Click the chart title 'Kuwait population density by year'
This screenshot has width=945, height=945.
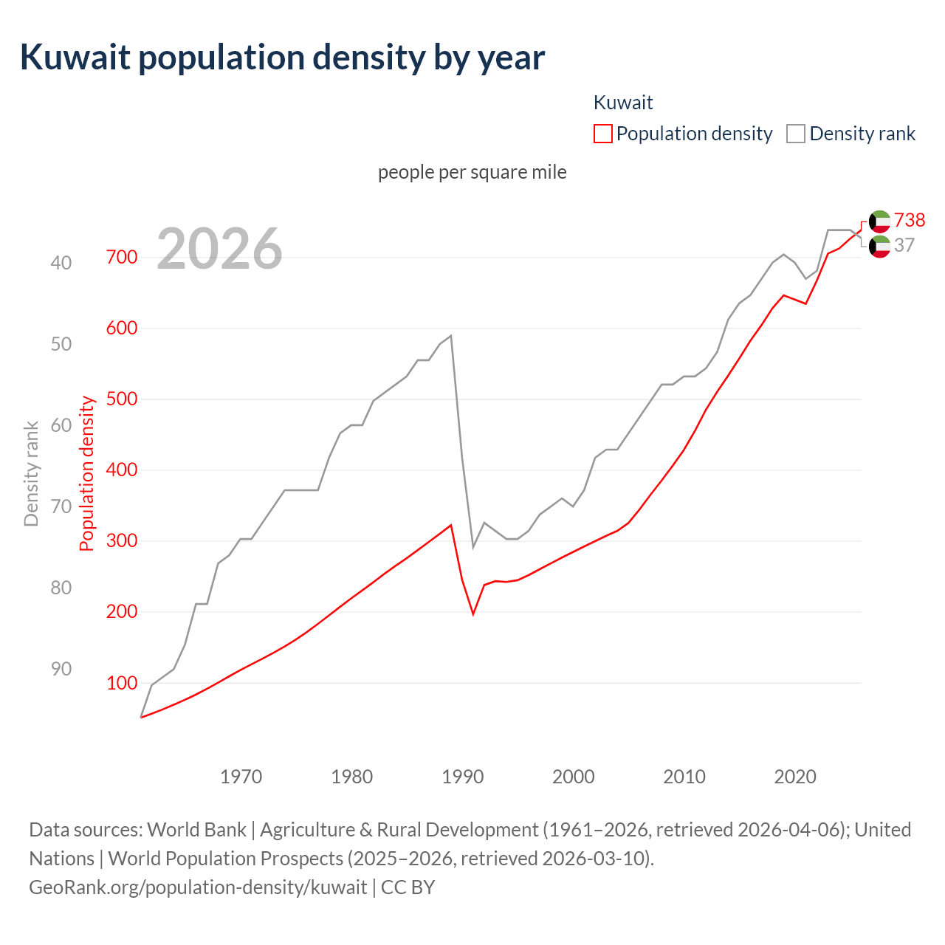282,58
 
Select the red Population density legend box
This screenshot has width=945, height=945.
603,134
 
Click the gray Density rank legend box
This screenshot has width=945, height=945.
795,134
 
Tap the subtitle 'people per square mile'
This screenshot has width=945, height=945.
472,172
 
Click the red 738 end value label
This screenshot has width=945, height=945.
910,220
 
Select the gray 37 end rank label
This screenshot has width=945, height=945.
904,245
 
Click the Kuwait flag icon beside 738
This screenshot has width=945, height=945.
879,221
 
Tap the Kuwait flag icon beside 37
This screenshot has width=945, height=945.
879,247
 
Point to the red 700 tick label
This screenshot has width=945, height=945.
122,257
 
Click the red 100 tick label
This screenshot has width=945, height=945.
122,683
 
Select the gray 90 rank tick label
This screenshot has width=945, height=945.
61,669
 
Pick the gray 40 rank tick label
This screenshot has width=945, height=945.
61,263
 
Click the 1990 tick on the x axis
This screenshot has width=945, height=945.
463,777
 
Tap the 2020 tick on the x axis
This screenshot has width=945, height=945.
795,777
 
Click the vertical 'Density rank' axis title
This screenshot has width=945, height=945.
31,473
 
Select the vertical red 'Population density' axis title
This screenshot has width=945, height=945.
87,473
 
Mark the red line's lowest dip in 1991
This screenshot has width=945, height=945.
473,614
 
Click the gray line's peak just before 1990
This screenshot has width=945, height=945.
451,336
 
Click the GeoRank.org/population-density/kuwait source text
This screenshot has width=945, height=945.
198,887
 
